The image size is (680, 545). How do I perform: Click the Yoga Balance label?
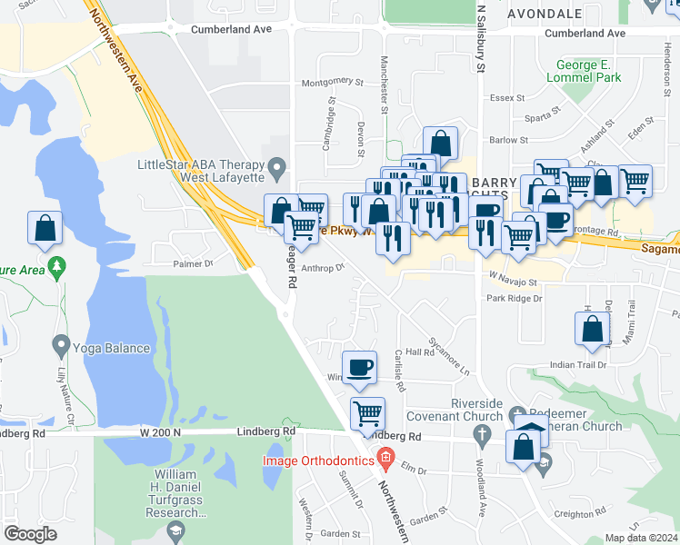click(114, 348)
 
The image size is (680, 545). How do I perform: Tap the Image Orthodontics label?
click(318, 461)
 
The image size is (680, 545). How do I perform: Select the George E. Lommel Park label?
click(590, 72)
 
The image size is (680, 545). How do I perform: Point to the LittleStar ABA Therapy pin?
click(277, 167)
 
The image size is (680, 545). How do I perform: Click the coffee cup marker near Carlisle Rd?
click(361, 367)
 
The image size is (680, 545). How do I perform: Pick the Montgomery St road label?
click(332, 82)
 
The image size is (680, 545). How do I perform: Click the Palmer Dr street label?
click(192, 263)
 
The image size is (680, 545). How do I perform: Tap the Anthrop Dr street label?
click(324, 268)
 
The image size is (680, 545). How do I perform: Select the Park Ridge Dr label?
click(514, 297)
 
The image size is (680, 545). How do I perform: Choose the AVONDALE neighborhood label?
click(545, 15)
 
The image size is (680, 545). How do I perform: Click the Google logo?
click(30, 534)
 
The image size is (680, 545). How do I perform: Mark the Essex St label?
click(502, 98)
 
